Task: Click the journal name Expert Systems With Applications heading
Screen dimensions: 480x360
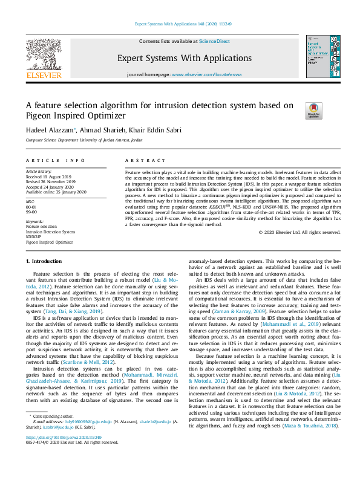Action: pyautogui.click(x=180, y=58)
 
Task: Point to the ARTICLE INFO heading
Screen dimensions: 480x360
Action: pyautogui.click(x=55, y=160)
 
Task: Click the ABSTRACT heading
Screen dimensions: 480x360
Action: pyautogui.click(x=145, y=160)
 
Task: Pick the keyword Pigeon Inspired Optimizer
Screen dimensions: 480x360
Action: pyautogui.click(x=49, y=242)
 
